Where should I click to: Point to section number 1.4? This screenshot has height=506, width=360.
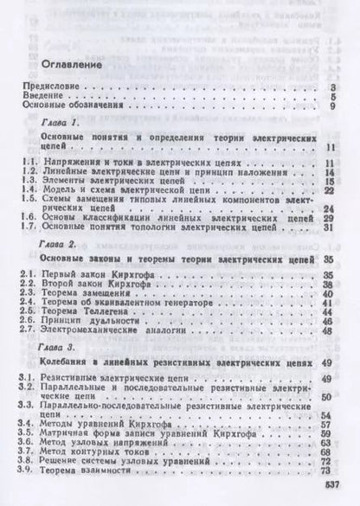[29, 189]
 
